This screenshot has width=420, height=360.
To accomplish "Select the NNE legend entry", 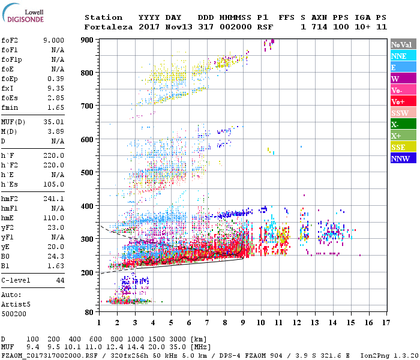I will [x=398, y=56].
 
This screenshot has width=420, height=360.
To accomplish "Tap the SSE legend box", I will [x=398, y=147].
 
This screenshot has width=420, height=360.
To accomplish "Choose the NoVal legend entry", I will [x=401, y=44].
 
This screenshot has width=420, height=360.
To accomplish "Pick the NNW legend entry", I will [x=400, y=158].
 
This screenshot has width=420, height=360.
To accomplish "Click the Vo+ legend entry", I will [x=398, y=101].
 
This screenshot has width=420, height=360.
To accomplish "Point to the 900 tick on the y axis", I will [x=88, y=40].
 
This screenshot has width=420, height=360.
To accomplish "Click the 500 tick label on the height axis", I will [x=88, y=173].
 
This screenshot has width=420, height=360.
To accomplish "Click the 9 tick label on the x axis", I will [x=243, y=323].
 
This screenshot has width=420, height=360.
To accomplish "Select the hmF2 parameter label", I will [x=11, y=199].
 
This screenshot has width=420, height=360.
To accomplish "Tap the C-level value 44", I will [x=60, y=280].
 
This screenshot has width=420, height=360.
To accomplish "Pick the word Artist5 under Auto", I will [x=16, y=304].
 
